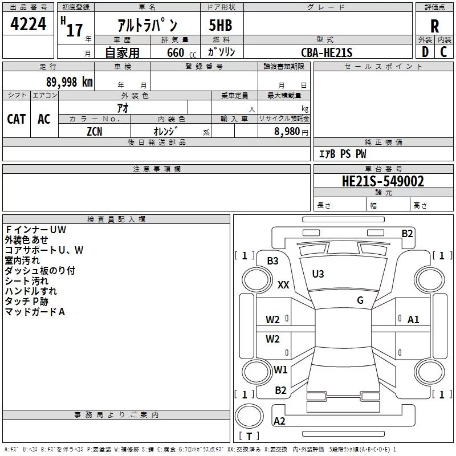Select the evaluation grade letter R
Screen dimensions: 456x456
point(435,26)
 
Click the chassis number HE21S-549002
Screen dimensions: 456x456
point(383,181)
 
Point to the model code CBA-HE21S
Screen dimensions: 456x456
point(327,52)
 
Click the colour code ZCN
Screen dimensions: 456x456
point(95,131)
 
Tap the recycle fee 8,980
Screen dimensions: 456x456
point(287,131)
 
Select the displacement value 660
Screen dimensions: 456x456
point(175,53)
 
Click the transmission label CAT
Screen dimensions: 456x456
point(16,119)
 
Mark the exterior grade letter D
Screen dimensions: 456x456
point(425,52)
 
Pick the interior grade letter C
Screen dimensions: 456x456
point(443,52)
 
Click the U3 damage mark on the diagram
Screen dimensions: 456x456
point(318,274)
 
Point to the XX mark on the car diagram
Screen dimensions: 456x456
point(283,285)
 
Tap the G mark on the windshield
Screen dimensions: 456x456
point(360,300)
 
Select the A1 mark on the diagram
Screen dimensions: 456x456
point(413,320)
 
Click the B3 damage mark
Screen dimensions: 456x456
point(273,261)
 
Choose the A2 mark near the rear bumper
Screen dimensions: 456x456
point(280,421)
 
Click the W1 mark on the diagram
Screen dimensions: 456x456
point(280,369)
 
